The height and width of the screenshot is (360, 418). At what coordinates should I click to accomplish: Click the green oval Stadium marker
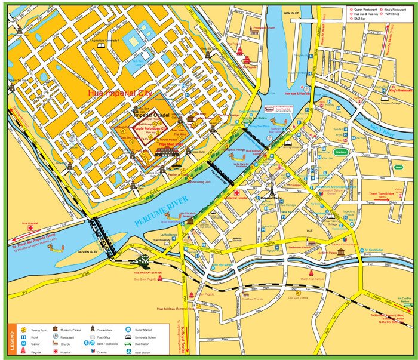click(341, 152)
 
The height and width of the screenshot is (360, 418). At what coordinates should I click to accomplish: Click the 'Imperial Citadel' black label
click(152, 115)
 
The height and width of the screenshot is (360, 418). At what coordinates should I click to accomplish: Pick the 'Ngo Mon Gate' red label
click(170, 144)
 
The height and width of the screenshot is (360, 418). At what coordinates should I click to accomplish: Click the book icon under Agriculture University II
click(102, 45)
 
